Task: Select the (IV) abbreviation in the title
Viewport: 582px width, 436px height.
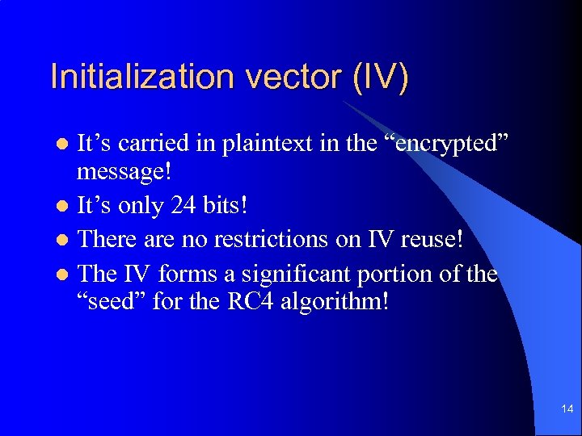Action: point(380,77)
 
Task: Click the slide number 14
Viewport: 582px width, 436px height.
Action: point(567,410)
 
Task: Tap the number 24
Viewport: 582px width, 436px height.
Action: point(182,206)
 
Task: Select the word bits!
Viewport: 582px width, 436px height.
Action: point(223,206)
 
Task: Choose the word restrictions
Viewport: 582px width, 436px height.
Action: point(260,240)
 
